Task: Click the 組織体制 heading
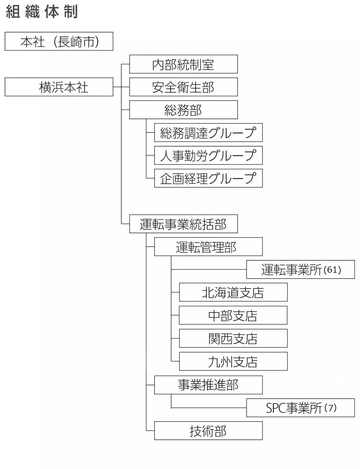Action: [42, 12]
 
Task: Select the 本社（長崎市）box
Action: [59, 41]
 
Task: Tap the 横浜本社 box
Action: [59, 87]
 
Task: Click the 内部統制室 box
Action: [183, 64]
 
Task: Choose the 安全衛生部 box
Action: [183, 87]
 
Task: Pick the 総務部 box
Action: [183, 110]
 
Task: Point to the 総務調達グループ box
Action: [208, 133]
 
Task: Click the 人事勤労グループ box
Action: [208, 155]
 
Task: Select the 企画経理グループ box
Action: [208, 178]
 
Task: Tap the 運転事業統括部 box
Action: [183, 224]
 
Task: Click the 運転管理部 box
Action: [208, 247]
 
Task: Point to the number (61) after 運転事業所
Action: [332, 270]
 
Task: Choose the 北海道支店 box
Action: [233, 292]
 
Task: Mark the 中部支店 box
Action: [233, 315]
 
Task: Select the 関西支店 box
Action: [233, 338]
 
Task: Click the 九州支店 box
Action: [233, 361]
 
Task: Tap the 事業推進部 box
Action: [208, 385]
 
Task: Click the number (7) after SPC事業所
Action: [330, 408]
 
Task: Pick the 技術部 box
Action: [208, 431]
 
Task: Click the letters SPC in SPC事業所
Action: [276, 408]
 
